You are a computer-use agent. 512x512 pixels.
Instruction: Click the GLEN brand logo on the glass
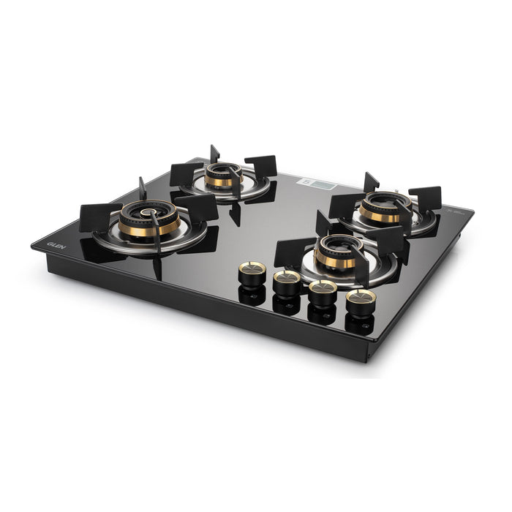tap(56, 245)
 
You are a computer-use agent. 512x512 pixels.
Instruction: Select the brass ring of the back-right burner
tap(380, 216)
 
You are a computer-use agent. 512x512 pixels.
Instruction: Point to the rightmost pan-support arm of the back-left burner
tap(261, 167)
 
